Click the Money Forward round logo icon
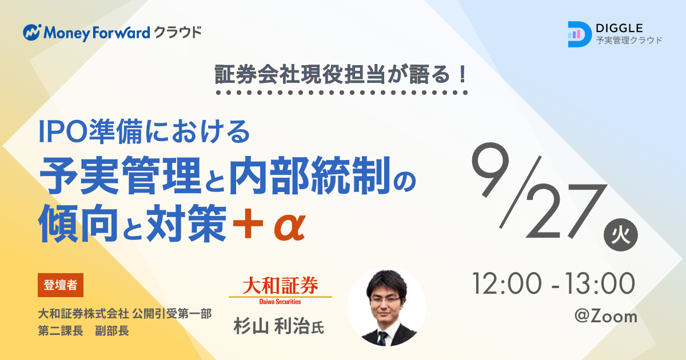(31, 32)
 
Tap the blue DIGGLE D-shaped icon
(580, 34)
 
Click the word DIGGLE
(619, 29)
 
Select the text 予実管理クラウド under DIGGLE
(629, 40)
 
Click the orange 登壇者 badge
(61, 285)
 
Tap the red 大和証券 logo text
(280, 285)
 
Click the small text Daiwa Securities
(280, 302)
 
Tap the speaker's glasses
(385, 300)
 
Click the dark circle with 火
(620, 235)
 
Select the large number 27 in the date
(565, 211)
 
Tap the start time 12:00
(507, 284)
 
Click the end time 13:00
(600, 284)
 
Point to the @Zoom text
(605, 317)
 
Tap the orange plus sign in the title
(248, 223)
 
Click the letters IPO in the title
(63, 132)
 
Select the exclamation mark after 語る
(462, 74)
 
